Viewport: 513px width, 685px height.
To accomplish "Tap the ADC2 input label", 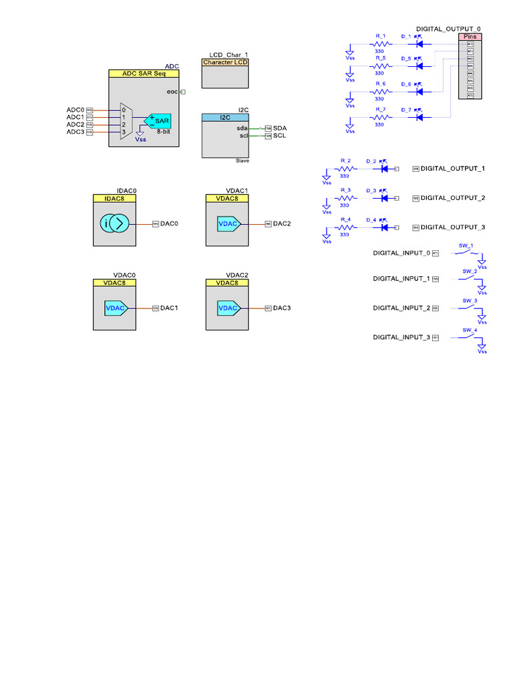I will click(75, 124).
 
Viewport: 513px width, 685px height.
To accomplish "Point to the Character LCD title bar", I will click(225, 62).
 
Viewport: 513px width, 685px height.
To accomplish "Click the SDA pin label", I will click(280, 128).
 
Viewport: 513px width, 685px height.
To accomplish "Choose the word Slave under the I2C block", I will click(242, 161).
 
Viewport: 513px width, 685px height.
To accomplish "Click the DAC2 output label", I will click(282, 223).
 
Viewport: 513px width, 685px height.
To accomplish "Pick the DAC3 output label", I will click(282, 308).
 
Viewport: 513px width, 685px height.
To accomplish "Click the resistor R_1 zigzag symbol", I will click(380, 44).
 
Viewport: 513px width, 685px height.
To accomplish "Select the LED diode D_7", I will click(420, 117).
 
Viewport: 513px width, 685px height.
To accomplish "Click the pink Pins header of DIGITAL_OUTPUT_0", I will click(470, 37).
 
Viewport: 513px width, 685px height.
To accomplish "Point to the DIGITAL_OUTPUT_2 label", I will click(452, 198).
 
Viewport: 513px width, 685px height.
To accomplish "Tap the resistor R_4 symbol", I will click(345, 227).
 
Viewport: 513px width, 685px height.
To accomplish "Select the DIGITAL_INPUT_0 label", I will click(401, 253).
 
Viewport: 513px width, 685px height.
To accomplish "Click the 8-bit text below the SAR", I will click(164, 132).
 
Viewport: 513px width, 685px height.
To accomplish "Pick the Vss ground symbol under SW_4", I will click(482, 347).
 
